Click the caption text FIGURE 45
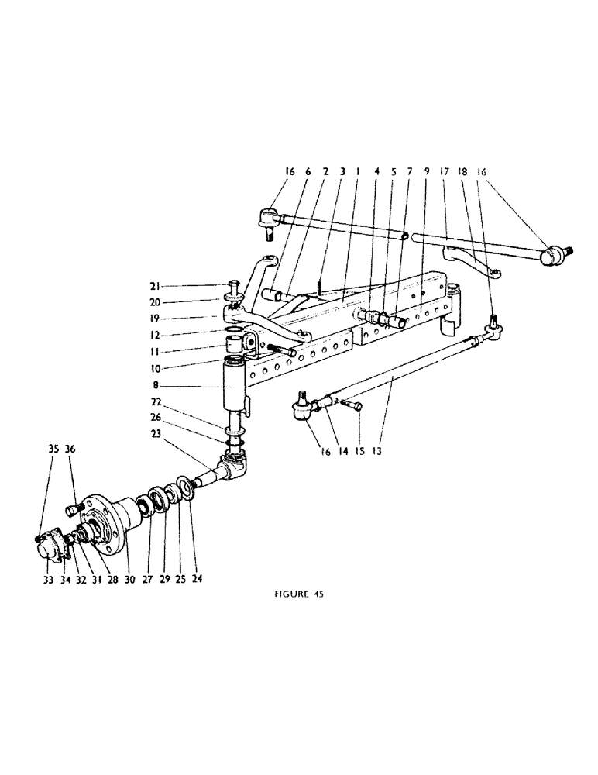click(299, 595)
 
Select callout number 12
click(164, 336)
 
